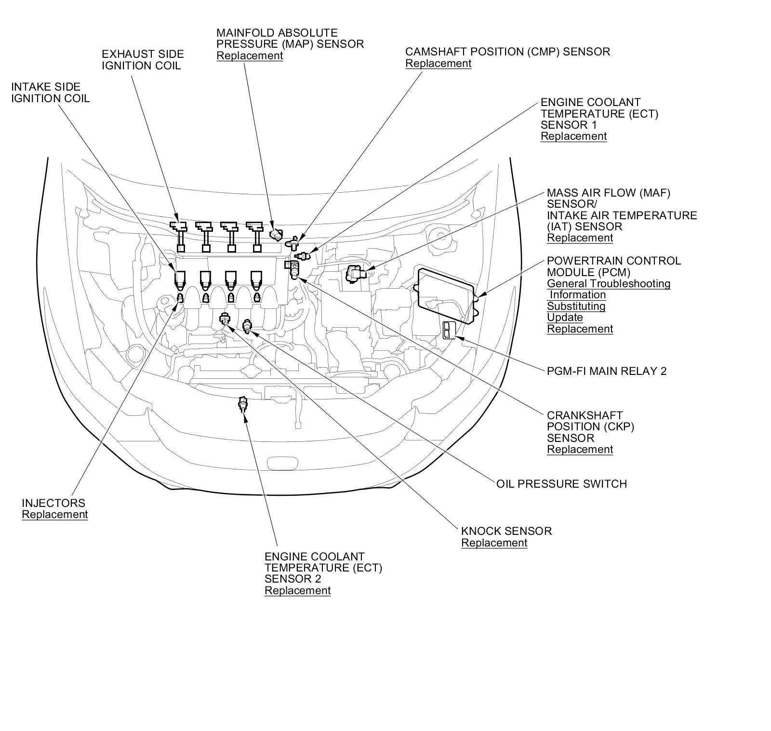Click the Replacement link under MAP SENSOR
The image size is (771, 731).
tap(249, 55)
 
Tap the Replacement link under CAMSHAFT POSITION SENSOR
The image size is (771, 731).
tap(438, 63)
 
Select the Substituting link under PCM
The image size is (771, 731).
tap(576, 306)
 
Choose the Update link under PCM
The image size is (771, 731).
tap(565, 317)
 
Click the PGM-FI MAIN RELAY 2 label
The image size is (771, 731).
tap(606, 371)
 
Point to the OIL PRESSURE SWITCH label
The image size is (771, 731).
tap(561, 483)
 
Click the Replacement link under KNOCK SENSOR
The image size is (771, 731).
tap(494, 543)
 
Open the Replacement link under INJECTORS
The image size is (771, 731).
tap(54, 514)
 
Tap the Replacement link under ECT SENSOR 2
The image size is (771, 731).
tap(297, 590)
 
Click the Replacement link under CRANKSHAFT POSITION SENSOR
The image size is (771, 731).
tap(580, 449)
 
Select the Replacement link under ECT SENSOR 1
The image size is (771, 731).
tap(573, 136)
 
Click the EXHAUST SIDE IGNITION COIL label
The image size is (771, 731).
tap(143, 60)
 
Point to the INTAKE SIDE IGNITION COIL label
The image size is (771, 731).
tap(50, 93)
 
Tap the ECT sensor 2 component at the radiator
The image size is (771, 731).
tap(243, 403)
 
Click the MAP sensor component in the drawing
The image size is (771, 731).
tap(276, 234)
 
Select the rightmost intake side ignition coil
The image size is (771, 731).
tap(256, 279)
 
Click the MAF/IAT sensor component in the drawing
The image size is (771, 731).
tap(356, 274)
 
